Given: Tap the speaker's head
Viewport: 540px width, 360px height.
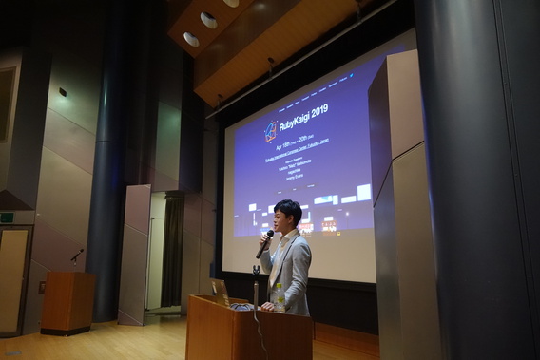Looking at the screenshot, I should click(287, 215).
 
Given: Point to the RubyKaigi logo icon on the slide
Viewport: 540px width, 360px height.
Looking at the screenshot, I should click(271, 130).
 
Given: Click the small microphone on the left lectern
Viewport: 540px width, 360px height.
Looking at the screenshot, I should click(75, 256).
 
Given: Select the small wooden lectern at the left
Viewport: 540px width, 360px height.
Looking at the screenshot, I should click(67, 301).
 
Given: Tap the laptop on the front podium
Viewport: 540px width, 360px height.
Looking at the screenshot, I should click(222, 292).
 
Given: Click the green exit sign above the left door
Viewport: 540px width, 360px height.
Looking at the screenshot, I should click(6, 217).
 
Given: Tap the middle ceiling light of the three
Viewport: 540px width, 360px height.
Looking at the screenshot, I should click(208, 19).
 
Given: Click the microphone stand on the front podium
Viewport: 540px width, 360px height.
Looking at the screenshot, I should click(256, 285).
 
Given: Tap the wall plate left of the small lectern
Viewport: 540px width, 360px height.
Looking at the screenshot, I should click(42, 286).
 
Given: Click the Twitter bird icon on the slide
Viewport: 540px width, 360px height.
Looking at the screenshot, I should click(352, 73).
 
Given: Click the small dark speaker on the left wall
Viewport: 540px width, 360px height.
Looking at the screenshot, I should click(63, 92).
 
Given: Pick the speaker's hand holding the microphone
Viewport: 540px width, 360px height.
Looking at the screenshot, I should click(261, 250).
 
